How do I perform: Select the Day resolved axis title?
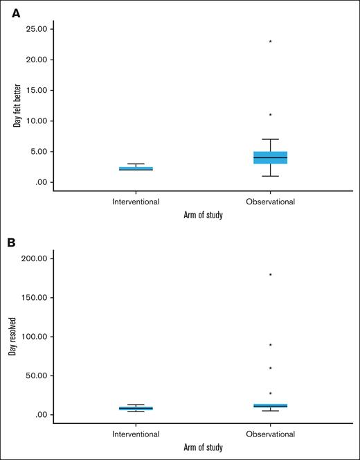click(12, 337)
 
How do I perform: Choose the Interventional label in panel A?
click(136, 202)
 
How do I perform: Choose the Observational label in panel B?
click(270, 434)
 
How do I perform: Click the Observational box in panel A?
click(270, 157)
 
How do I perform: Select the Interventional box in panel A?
click(136, 168)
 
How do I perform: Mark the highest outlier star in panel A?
click(270, 42)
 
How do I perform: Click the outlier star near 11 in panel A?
click(270, 115)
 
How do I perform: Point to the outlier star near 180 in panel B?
click(270, 275)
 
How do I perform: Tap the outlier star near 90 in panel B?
click(270, 345)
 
